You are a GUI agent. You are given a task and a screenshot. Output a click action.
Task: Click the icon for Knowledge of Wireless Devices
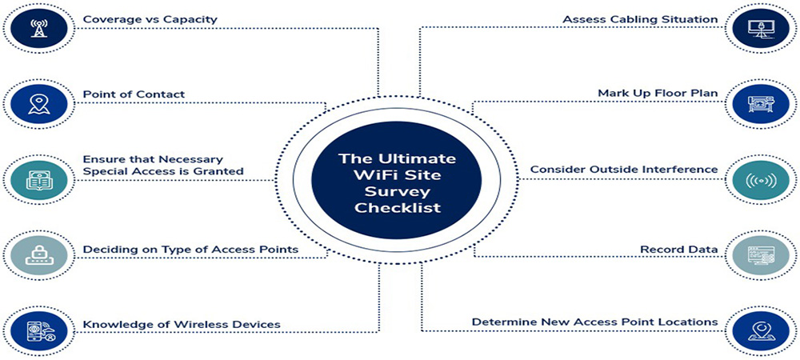click(x=38, y=331)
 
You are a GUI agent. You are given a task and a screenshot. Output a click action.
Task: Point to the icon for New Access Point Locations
click(x=762, y=331)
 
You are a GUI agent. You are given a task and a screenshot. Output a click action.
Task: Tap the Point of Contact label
click(x=134, y=94)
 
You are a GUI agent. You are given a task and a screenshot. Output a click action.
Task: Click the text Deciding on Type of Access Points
click(x=190, y=250)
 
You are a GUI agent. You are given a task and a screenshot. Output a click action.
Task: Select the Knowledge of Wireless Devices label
click(x=182, y=324)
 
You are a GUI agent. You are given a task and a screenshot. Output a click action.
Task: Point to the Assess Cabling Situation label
click(x=640, y=19)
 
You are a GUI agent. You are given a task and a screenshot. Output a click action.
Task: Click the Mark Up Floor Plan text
click(x=658, y=94)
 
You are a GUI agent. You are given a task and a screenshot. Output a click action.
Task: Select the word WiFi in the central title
click(x=372, y=175)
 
